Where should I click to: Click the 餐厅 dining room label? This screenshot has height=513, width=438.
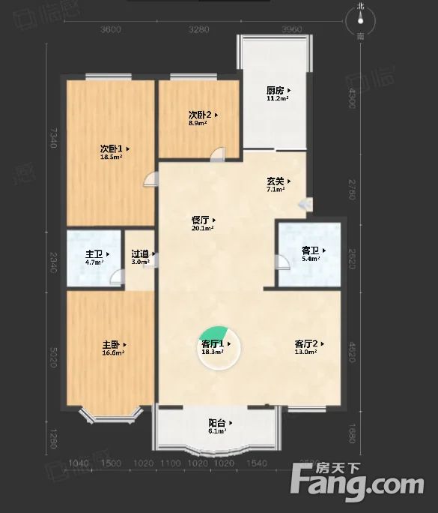pyautogui.click(x=200, y=220)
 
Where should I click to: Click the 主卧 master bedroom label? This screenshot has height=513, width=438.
pyautogui.click(x=112, y=344)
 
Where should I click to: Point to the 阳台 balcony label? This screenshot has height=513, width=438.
pyautogui.click(x=217, y=424)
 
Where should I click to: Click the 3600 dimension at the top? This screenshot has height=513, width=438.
pyautogui.click(x=109, y=30)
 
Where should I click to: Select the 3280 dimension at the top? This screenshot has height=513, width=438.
pyautogui.click(x=198, y=30)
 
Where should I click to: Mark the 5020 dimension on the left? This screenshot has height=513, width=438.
pyautogui.click(x=53, y=349)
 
